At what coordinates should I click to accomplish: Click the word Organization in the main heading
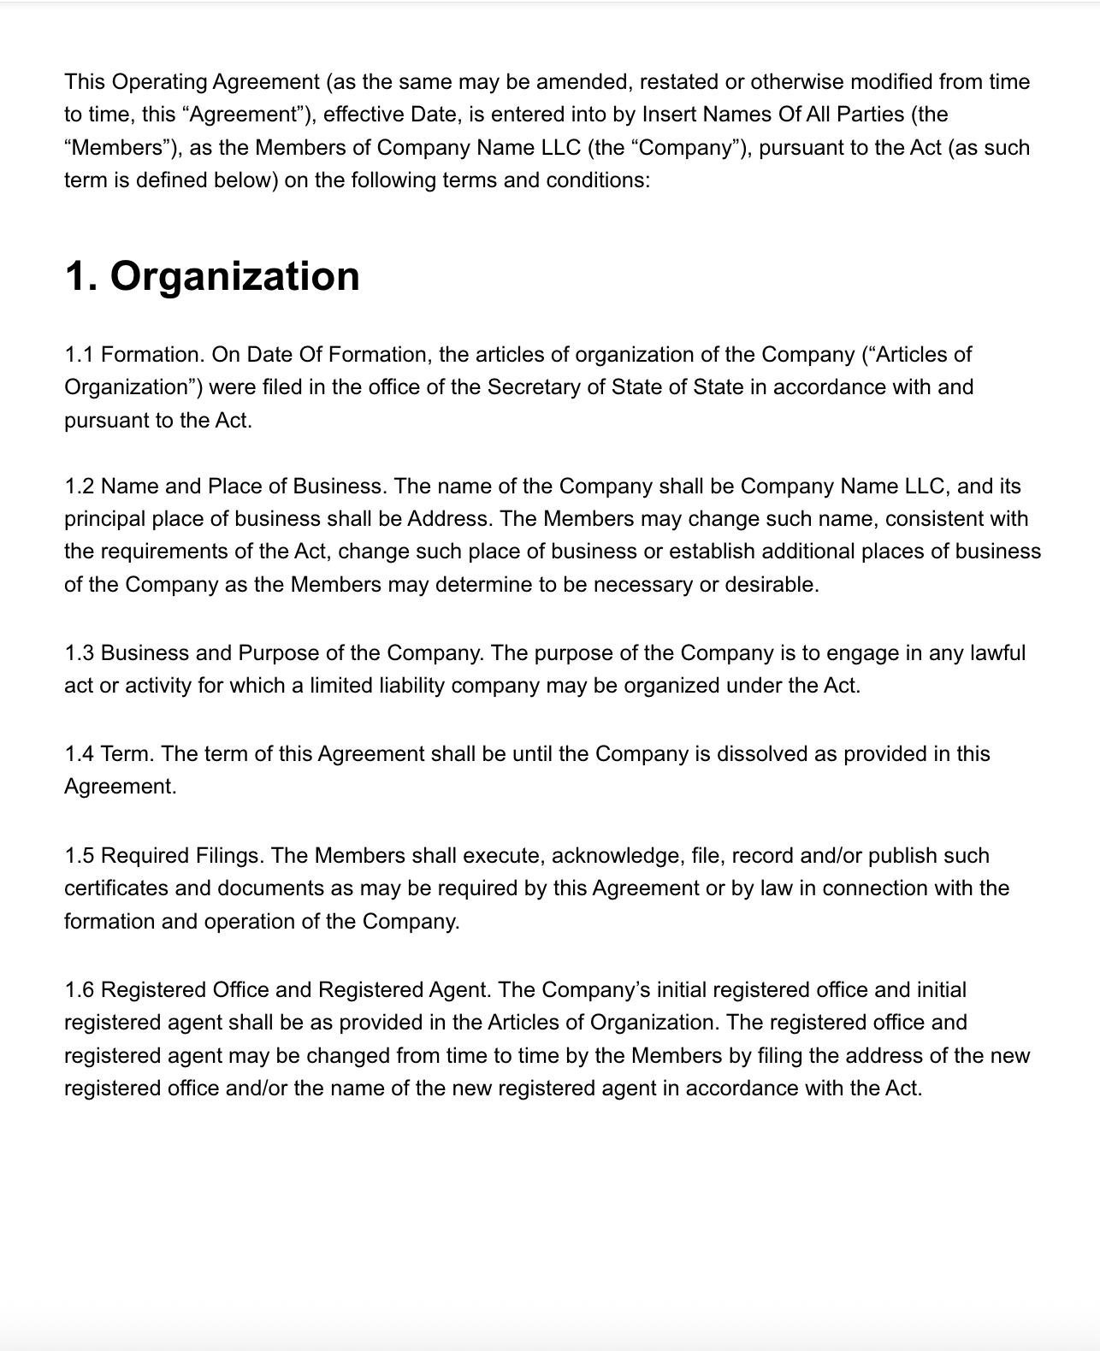pos(234,276)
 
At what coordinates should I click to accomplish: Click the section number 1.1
pos(80,355)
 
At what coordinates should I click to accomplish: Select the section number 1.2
pos(80,487)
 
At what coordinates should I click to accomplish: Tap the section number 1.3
pos(80,653)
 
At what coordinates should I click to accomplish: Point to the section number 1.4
pos(80,754)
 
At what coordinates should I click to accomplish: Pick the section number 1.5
pos(80,856)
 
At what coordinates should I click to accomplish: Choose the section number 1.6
pos(80,990)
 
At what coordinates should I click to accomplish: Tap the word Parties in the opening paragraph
pos(857,115)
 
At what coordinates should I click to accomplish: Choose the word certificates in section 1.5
pos(116,888)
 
